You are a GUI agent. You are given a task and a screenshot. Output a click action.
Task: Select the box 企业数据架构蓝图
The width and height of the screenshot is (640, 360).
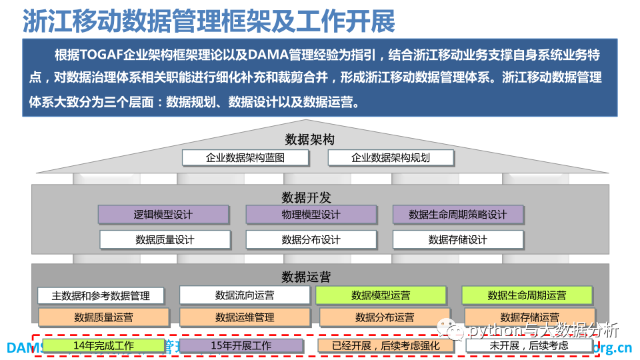[245, 158]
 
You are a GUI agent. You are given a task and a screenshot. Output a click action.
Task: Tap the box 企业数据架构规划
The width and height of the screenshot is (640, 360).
[391, 158]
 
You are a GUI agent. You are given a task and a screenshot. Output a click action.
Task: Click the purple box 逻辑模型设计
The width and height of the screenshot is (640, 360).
[163, 215]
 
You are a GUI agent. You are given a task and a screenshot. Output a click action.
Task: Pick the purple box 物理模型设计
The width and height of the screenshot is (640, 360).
[311, 215]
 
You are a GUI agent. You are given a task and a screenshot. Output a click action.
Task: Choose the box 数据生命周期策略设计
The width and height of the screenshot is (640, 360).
[457, 215]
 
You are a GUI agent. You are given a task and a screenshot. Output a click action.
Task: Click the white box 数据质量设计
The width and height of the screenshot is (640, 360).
[164, 239]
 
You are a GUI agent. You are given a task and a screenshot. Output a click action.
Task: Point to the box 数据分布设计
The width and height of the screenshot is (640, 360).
[311, 239]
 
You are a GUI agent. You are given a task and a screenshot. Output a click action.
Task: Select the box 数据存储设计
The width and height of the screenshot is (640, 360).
[457, 239]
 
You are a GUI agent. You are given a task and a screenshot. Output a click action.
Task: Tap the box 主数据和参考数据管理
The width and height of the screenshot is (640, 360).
[101, 295]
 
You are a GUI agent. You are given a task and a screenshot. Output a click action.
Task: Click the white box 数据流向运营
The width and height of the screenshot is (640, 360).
[245, 295]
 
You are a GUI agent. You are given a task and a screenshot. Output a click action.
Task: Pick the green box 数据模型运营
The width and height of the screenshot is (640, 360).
[381, 295]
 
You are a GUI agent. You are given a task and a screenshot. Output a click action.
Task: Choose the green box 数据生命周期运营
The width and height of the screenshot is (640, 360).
[527, 295]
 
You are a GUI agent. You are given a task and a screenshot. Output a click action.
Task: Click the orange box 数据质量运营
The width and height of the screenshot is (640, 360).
[103, 317]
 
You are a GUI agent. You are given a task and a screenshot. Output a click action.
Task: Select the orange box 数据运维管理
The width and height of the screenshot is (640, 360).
[245, 317]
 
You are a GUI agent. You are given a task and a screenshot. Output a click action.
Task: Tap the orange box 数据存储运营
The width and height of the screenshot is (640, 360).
[529, 317]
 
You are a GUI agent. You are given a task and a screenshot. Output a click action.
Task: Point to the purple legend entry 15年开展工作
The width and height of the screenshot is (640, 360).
[241, 345]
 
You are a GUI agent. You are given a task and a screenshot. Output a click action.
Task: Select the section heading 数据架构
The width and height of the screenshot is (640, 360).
[309, 139]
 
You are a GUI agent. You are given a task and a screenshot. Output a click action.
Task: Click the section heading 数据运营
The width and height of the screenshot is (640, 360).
[306, 277]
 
